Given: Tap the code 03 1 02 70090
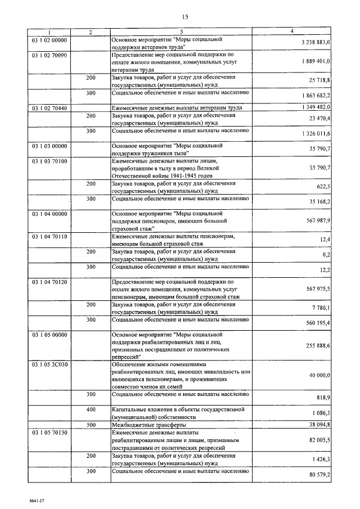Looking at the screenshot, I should [x=49, y=56].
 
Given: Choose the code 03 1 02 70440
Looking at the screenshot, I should [x=49, y=107].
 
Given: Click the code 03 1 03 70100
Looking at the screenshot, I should [x=49, y=161].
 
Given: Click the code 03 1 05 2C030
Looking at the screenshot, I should [x=49, y=364].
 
